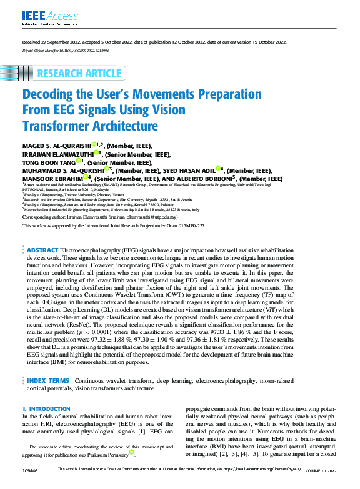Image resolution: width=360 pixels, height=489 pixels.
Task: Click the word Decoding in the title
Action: (x=51, y=95)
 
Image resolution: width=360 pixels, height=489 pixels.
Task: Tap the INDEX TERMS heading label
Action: (x=48, y=380)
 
